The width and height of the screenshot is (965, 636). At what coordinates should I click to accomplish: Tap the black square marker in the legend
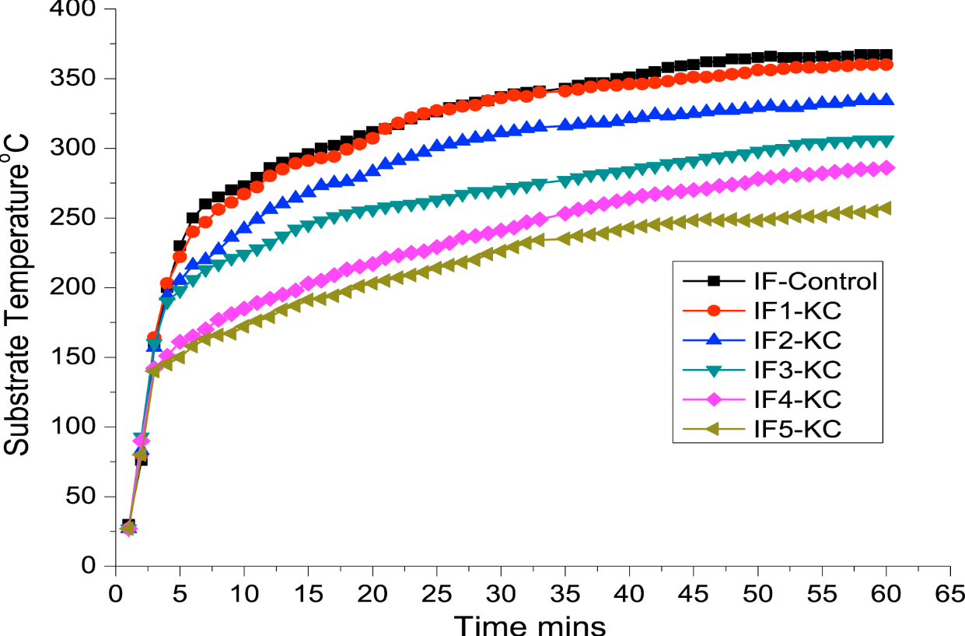click(702, 281)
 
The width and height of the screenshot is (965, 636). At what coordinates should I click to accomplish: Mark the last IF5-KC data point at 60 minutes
click(884, 209)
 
